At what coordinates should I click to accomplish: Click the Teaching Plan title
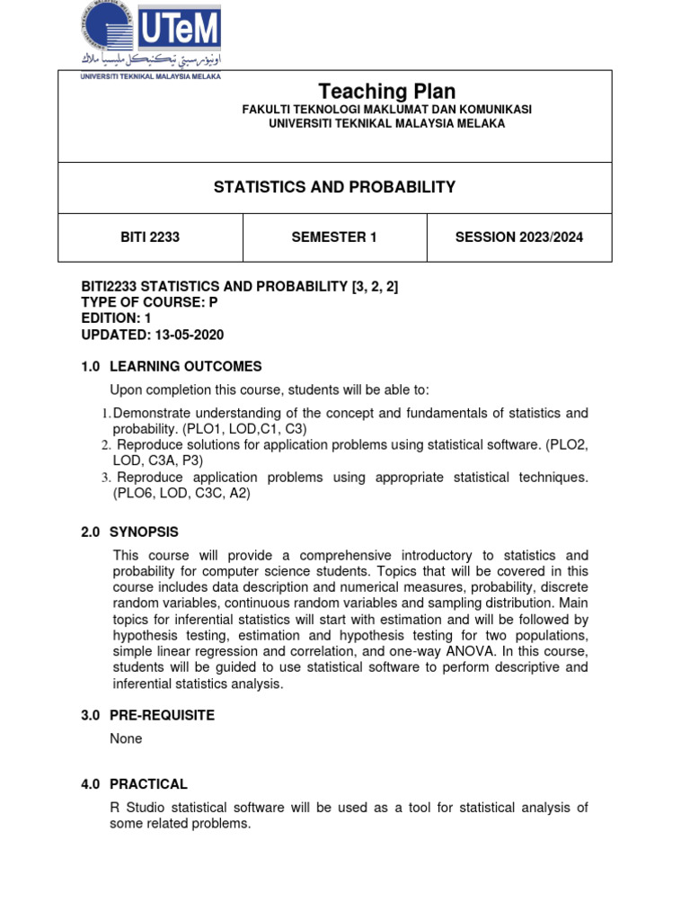[x=387, y=91]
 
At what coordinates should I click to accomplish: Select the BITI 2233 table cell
[x=150, y=237]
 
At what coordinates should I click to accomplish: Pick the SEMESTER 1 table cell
[x=334, y=237]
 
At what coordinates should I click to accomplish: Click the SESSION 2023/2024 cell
[x=518, y=237]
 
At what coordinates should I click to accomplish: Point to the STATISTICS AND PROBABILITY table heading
[x=334, y=187]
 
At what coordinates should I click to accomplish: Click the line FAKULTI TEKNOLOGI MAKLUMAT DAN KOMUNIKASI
[x=387, y=109]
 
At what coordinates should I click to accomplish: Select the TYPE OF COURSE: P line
[x=149, y=302]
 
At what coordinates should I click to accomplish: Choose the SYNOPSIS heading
[x=144, y=532]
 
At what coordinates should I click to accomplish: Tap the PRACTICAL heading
[x=148, y=784]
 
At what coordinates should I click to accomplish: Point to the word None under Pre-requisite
[x=126, y=738]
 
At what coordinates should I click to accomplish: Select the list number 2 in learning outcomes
[x=105, y=445]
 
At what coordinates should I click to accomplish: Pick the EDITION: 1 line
[x=118, y=318]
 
